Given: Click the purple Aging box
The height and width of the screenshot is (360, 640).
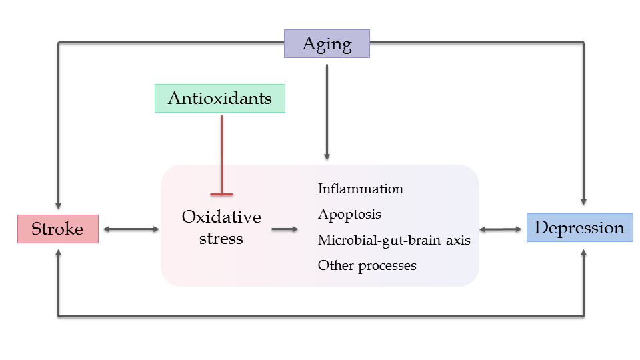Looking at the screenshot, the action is (327, 44).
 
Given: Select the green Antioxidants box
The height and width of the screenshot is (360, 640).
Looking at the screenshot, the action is (220, 99).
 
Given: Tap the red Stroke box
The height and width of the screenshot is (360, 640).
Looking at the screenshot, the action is (58, 229).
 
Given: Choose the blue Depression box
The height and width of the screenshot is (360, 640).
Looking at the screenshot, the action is (580, 228).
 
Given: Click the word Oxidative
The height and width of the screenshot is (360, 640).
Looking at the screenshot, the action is (221, 217).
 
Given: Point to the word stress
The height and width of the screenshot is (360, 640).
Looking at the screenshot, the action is (221, 239).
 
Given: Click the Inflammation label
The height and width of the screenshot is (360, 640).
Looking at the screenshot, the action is (361, 189).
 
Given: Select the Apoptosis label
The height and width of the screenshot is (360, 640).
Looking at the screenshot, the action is (349, 215).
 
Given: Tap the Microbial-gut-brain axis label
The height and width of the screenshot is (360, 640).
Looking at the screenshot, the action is (394, 240).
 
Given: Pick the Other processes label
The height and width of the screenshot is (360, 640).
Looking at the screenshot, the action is (367, 266).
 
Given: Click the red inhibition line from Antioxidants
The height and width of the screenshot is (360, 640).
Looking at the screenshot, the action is (221, 155).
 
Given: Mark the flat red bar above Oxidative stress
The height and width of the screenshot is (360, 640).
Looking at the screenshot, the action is (221, 194).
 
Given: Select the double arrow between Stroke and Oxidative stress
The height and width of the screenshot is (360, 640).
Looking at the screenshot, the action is (131, 229).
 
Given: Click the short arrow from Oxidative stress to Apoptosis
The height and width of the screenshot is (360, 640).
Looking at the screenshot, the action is (285, 229).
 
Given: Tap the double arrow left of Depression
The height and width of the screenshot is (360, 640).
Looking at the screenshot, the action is (501, 229).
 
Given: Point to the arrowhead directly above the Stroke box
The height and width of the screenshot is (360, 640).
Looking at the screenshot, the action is (59, 206).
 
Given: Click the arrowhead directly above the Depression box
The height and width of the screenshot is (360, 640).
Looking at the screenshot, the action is (584, 201).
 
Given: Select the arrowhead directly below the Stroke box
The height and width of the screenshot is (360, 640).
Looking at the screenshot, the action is (59, 253).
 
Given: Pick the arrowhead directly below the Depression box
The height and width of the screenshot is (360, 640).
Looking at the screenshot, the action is (584, 253).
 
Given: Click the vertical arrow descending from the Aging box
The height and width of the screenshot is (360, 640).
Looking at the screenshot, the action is (327, 112).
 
